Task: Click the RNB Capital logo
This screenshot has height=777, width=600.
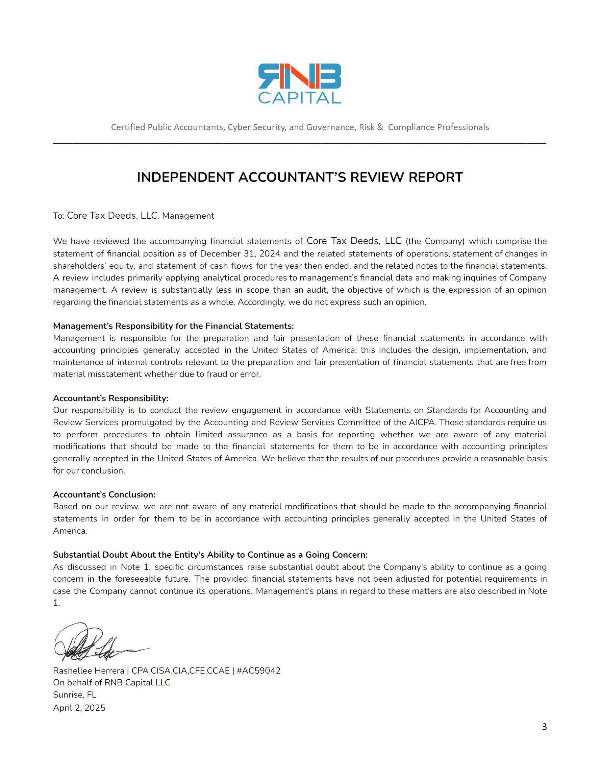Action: (299, 83)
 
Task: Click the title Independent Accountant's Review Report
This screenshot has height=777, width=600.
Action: (300, 177)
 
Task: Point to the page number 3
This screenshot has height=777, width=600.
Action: (544, 727)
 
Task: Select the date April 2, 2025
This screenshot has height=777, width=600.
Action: (79, 708)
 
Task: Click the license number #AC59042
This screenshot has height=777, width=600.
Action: (258, 671)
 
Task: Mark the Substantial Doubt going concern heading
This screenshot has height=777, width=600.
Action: (210, 555)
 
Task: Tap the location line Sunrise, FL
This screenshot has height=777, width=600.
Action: (75, 695)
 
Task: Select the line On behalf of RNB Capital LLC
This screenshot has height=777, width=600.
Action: (112, 682)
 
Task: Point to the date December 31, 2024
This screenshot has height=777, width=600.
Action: (240, 254)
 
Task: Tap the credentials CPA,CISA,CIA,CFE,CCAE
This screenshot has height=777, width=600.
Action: (180, 671)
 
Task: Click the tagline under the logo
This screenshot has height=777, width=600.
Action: (300, 127)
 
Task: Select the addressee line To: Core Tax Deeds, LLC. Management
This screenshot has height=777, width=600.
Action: (133, 216)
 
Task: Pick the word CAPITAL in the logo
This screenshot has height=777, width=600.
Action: (299, 98)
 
